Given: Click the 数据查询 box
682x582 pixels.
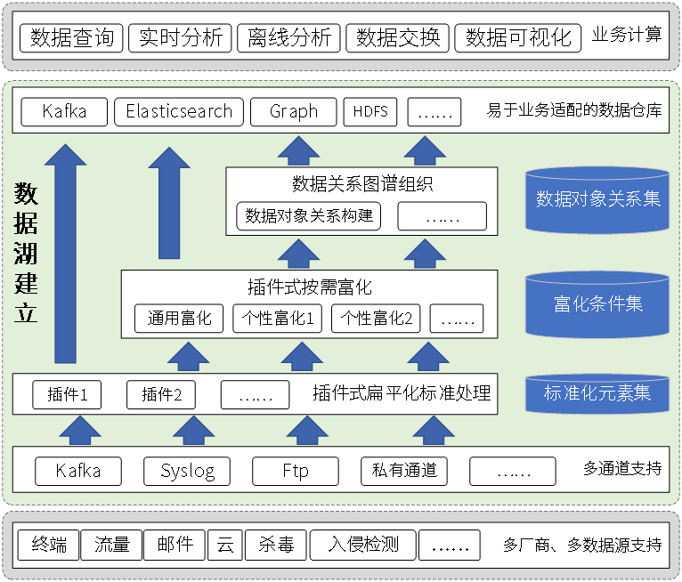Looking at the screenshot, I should [x=71, y=38].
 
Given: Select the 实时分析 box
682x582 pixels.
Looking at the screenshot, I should [x=181, y=38].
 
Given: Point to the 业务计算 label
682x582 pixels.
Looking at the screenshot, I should [x=627, y=36].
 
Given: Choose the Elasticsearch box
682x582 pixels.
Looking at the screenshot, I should [x=179, y=111].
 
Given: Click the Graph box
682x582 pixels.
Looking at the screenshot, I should [x=294, y=111].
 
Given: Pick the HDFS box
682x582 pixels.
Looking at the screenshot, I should [x=370, y=111].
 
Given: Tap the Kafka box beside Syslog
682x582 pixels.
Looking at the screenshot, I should [x=78, y=471].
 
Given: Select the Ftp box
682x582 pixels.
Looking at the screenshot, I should [x=296, y=471].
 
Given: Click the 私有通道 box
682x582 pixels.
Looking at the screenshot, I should [x=404, y=471].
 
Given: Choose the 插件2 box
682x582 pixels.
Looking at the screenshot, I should [x=160, y=394].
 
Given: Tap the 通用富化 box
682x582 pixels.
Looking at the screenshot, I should [x=180, y=318].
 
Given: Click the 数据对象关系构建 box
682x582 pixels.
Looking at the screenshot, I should [x=309, y=215].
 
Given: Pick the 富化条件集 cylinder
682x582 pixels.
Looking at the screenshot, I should [x=597, y=304].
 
